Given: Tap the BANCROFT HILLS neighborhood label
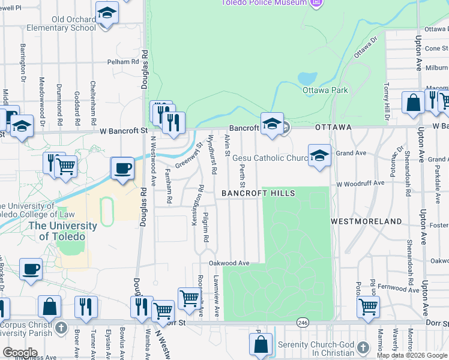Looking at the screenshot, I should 258,193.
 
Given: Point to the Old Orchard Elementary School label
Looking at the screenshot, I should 74,23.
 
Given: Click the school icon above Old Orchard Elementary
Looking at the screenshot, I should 107,13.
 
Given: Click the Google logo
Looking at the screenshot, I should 20,353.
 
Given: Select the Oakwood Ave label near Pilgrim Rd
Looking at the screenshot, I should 229,263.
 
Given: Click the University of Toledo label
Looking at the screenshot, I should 68,231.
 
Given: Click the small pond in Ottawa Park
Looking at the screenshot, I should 307,79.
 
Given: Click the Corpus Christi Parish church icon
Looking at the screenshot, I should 60,328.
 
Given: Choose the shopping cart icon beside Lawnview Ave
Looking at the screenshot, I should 189,298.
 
